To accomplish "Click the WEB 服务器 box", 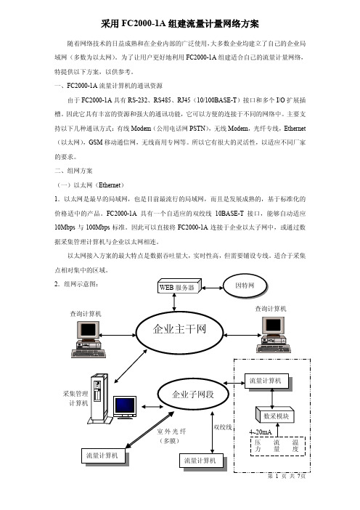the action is (179, 286).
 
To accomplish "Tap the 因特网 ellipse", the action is (245, 286).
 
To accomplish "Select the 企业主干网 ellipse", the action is (179, 333).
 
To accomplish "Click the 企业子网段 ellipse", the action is (192, 394).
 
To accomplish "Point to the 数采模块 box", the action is (275, 415).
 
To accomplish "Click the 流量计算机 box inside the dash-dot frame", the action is (268, 382).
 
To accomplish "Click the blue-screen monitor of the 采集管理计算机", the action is (125, 407).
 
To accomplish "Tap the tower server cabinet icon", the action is (99, 399).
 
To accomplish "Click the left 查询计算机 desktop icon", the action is (89, 339).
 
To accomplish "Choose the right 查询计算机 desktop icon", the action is (274, 334).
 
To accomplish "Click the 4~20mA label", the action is (261, 432).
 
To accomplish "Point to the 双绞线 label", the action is (222, 427).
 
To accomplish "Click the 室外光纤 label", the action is (171, 432).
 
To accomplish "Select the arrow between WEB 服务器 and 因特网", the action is (212, 288).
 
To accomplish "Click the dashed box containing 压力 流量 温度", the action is (277, 446).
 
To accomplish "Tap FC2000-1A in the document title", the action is (143, 24).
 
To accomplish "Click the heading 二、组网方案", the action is (73, 171).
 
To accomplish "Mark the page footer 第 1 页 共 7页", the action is (287, 476).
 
